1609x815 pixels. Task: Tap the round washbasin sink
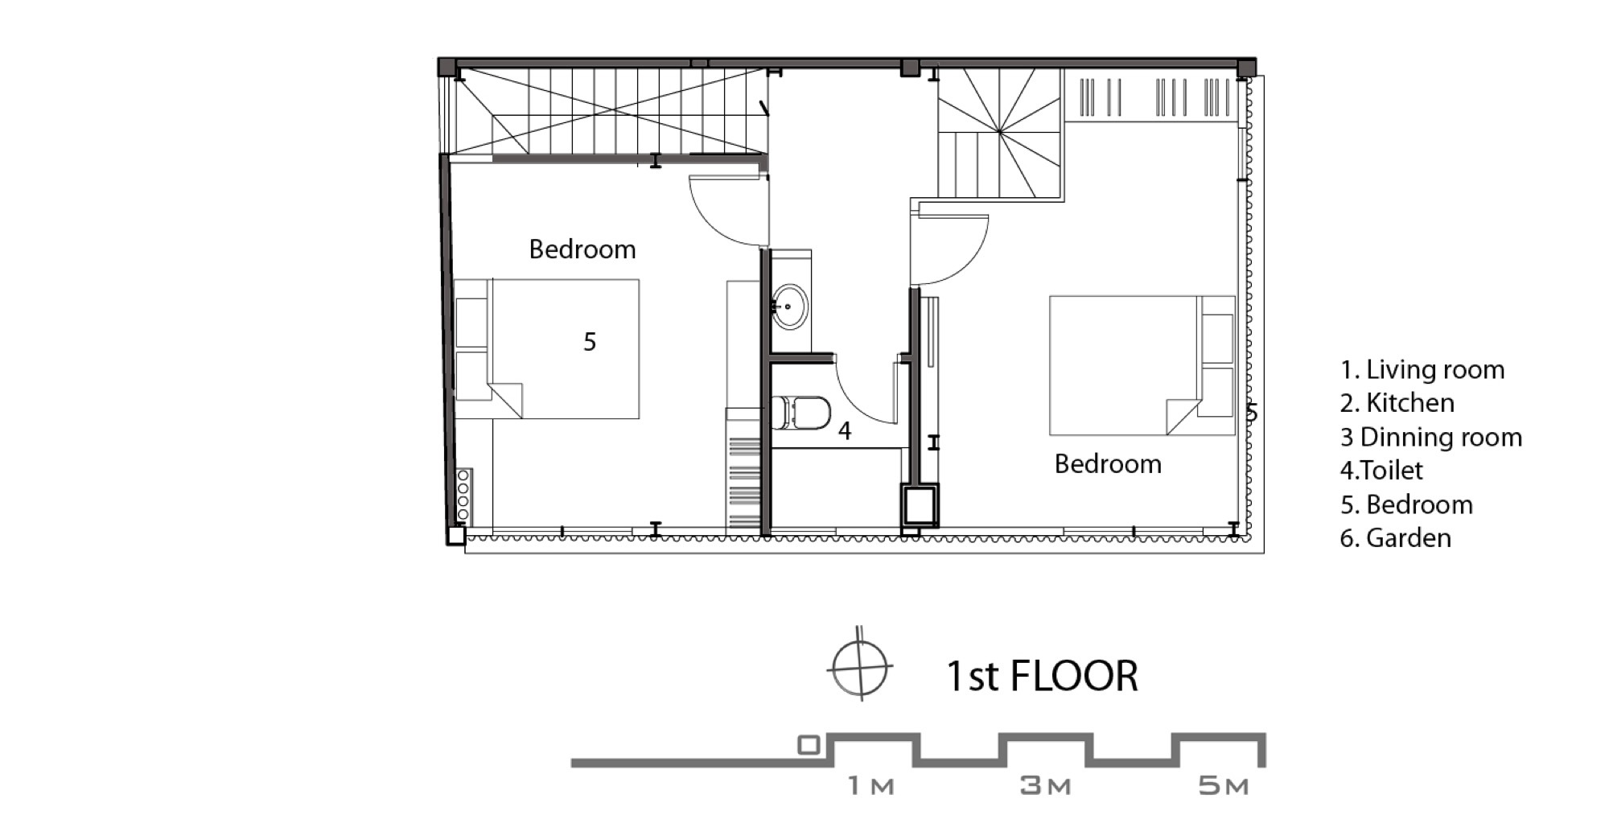[x=791, y=307]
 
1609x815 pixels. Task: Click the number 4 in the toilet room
[x=845, y=431]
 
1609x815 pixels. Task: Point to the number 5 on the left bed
[x=590, y=342]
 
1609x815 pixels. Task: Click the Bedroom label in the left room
[x=582, y=249]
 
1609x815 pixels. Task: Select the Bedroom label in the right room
[x=1108, y=464]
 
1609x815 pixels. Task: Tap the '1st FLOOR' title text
[x=1042, y=676]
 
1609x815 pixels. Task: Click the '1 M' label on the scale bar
[x=871, y=786]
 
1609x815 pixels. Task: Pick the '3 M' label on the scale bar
[x=1045, y=786]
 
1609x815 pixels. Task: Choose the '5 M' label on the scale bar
[x=1223, y=786]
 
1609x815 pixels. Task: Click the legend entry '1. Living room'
[x=1422, y=370]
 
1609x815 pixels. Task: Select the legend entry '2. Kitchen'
[x=1397, y=403]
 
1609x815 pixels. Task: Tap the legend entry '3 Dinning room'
[x=1431, y=438]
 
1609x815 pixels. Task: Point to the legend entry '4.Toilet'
[x=1381, y=471]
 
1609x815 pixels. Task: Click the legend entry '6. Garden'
[x=1396, y=538]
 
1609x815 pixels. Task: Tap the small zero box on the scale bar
[x=809, y=746]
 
